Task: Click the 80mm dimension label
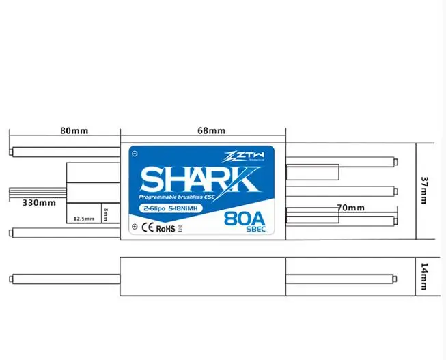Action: (x=74, y=130)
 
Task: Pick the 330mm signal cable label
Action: (x=39, y=203)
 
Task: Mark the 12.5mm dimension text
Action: (x=83, y=219)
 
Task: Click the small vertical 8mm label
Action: (x=106, y=214)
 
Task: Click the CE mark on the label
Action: (x=146, y=228)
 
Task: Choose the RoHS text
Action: (x=166, y=228)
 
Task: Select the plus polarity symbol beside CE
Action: (x=135, y=227)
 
